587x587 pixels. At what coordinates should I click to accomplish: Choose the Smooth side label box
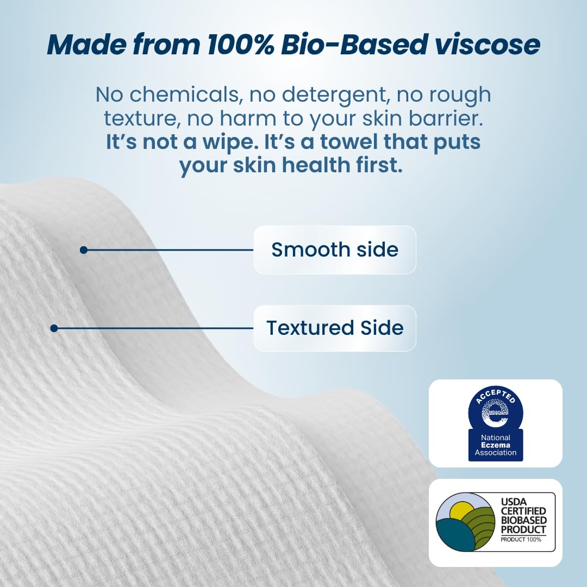(x=334, y=249)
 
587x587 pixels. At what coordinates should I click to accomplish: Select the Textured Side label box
(x=334, y=328)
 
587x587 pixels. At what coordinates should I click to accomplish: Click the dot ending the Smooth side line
(x=83, y=250)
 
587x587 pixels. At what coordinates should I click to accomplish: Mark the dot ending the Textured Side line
(x=54, y=328)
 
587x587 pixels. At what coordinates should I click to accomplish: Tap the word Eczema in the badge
(x=495, y=445)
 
